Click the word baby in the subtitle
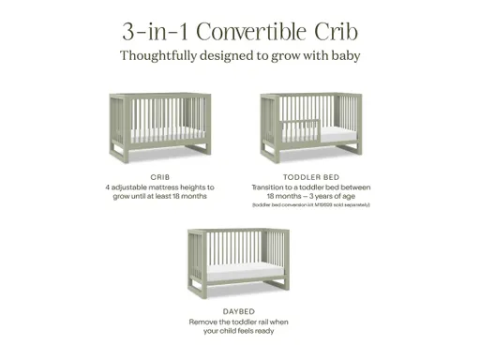pos(341,55)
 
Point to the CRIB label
pos(159,176)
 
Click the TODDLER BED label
pos(318,176)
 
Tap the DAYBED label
pos(238,310)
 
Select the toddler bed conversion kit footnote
pos(318,204)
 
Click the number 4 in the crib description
pos(108,187)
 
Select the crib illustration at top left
pos(159,127)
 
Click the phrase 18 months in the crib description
pos(193,197)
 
